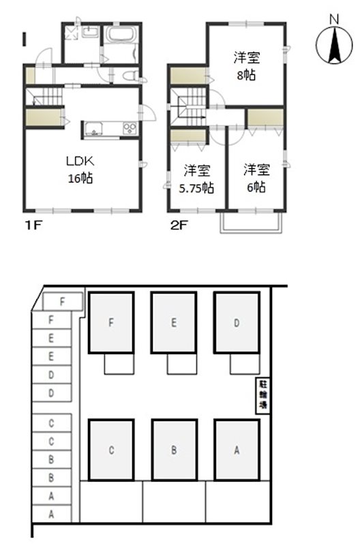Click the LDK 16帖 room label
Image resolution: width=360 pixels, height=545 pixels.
79,170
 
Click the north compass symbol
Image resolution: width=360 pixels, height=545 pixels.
333,42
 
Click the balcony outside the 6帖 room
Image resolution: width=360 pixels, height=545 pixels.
252,221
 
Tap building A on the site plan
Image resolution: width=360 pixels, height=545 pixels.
237,450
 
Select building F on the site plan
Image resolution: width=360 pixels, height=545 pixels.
111,323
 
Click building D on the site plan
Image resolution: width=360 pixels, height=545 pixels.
237,323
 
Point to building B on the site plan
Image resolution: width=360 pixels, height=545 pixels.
174,450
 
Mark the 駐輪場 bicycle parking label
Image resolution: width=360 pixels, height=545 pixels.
262,395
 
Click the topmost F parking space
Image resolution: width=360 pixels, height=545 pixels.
63,300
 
